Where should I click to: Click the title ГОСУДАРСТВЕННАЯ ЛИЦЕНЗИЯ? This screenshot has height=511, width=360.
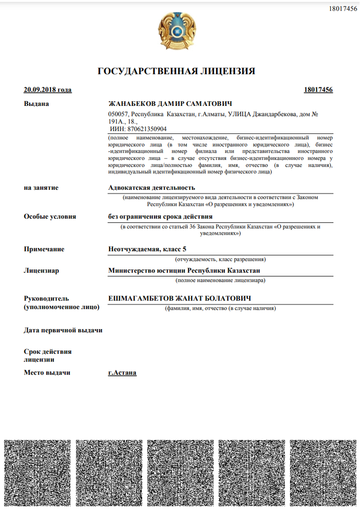click(177, 71)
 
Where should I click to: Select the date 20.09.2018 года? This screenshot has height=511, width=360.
click(48, 90)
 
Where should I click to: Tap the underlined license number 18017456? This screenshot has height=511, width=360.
click(318, 90)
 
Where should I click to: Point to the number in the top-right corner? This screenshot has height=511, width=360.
click(343, 9)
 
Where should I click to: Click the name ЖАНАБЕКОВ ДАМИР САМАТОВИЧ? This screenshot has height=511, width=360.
click(170, 104)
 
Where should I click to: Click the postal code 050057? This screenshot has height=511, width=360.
click(118, 114)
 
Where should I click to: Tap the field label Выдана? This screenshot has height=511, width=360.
click(36, 104)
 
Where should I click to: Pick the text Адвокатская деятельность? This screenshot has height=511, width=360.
click(151, 187)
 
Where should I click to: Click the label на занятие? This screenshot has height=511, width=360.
click(41, 187)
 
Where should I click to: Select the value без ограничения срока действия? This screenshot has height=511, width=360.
click(160, 216)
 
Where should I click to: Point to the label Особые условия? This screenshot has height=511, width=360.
click(50, 216)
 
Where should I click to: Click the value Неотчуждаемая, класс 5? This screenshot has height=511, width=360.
click(147, 249)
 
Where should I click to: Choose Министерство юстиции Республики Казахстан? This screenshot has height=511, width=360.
click(184, 270)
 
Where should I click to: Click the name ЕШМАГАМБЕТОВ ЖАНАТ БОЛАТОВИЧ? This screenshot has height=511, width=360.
click(179, 298)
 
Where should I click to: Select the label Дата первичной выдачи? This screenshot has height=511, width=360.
click(63, 330)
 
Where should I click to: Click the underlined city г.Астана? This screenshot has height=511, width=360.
click(122, 373)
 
